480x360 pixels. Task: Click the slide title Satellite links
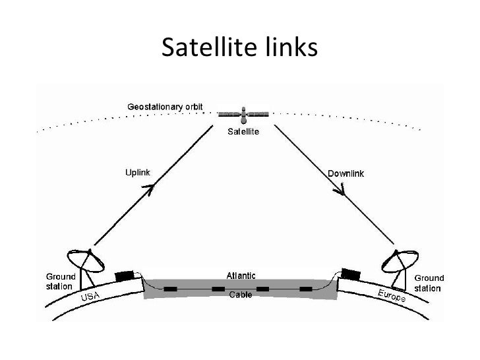[x=239, y=47]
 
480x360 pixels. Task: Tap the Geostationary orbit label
[x=165, y=106]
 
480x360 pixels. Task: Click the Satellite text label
[x=243, y=132]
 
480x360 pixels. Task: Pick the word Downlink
[x=346, y=173]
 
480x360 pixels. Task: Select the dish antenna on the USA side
[x=86, y=262]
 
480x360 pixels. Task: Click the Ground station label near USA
[x=60, y=282]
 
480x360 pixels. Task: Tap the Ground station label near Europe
[x=429, y=283]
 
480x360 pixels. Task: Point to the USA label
[x=91, y=298]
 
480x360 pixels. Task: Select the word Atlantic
[x=241, y=275]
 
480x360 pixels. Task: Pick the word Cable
[x=240, y=295]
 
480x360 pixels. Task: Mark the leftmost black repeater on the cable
[x=171, y=289]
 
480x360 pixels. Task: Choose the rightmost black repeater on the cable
[x=305, y=289]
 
